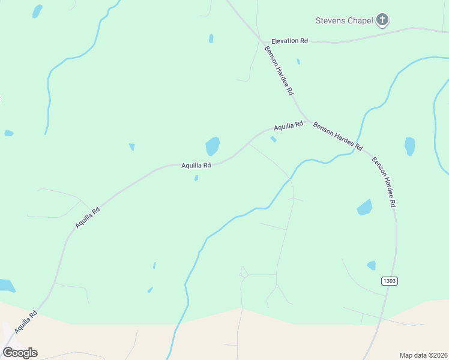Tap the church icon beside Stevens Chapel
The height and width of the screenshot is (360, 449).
(382, 20)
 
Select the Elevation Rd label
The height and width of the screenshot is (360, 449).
(289, 41)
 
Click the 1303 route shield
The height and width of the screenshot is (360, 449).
(389, 280)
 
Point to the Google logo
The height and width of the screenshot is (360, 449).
(20, 353)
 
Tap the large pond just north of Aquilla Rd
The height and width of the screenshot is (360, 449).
(212, 146)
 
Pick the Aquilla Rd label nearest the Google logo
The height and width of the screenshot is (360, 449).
(26, 322)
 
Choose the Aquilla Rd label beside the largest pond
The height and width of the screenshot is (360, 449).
(196, 165)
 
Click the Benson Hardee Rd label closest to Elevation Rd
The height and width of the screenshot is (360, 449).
(279, 70)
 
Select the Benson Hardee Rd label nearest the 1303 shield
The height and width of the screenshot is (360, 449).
(384, 182)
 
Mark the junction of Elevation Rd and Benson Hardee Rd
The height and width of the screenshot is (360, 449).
(262, 41)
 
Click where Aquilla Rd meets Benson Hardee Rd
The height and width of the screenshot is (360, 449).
(309, 121)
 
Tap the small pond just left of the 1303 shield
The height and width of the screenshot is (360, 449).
(372, 265)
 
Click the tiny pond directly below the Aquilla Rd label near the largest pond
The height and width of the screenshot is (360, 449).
(196, 178)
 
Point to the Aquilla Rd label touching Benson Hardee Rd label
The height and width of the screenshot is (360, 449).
(288, 126)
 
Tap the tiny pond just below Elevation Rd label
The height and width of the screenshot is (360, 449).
(298, 61)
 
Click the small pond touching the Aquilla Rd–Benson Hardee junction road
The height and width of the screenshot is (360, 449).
(273, 139)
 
